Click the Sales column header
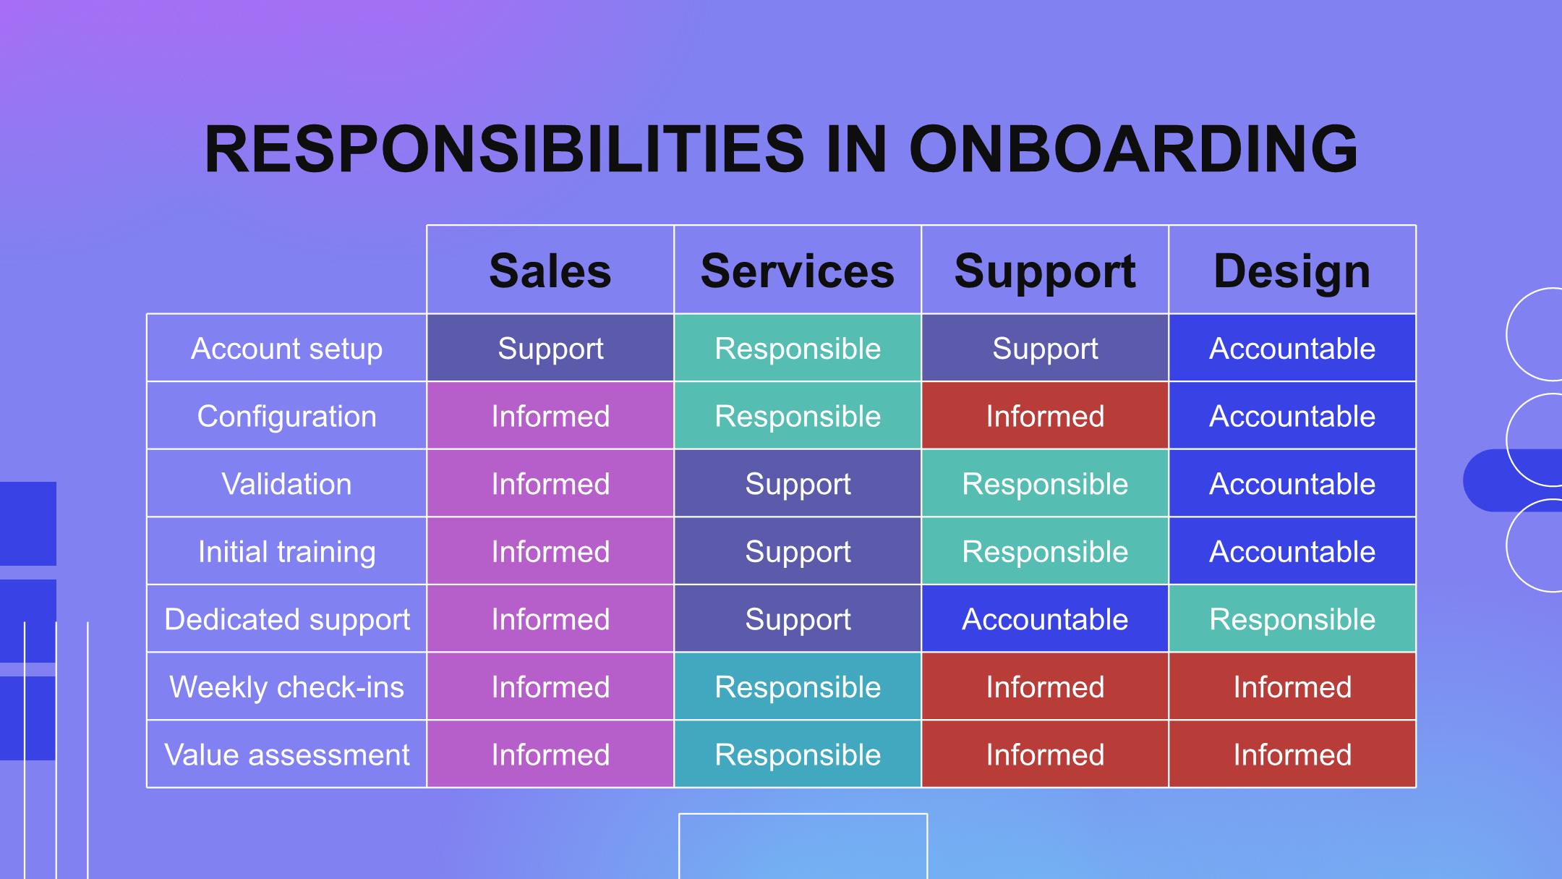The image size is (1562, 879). [x=550, y=271]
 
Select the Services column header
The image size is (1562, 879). [x=798, y=271]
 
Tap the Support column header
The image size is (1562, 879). [x=1045, y=272]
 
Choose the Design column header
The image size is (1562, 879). [x=1292, y=272]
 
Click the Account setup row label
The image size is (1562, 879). [x=286, y=349]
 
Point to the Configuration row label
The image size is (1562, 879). [x=286, y=417]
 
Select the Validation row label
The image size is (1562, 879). [x=286, y=484]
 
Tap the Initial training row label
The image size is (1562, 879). [x=286, y=552]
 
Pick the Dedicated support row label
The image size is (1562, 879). [x=286, y=619]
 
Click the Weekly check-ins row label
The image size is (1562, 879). [x=286, y=687]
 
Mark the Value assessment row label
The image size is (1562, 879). [x=286, y=755]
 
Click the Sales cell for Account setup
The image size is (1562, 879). [x=550, y=348]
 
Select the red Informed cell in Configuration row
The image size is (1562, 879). [x=1045, y=415]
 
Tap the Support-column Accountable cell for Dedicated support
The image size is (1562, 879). [x=1045, y=619]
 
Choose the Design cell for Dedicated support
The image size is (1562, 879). [x=1292, y=619]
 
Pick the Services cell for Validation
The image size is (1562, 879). [x=798, y=483]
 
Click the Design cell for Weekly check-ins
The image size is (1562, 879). [x=1292, y=687]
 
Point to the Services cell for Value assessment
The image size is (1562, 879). [x=798, y=754]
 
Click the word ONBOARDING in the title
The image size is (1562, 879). [x=1133, y=149]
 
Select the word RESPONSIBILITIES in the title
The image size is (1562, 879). [x=504, y=149]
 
